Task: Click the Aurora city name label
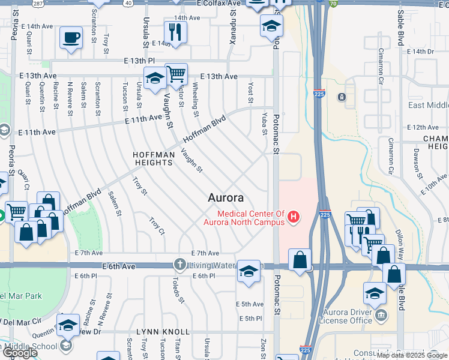(226, 197)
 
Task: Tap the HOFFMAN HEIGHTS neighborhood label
(154, 159)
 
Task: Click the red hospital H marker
(294, 217)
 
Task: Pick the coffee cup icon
(71, 38)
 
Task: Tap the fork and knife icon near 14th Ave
(175, 32)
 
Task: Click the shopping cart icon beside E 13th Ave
(176, 74)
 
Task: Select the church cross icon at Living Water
(179, 264)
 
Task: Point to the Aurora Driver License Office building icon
(381, 315)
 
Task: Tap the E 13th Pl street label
(139, 61)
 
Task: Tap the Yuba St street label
(265, 123)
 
